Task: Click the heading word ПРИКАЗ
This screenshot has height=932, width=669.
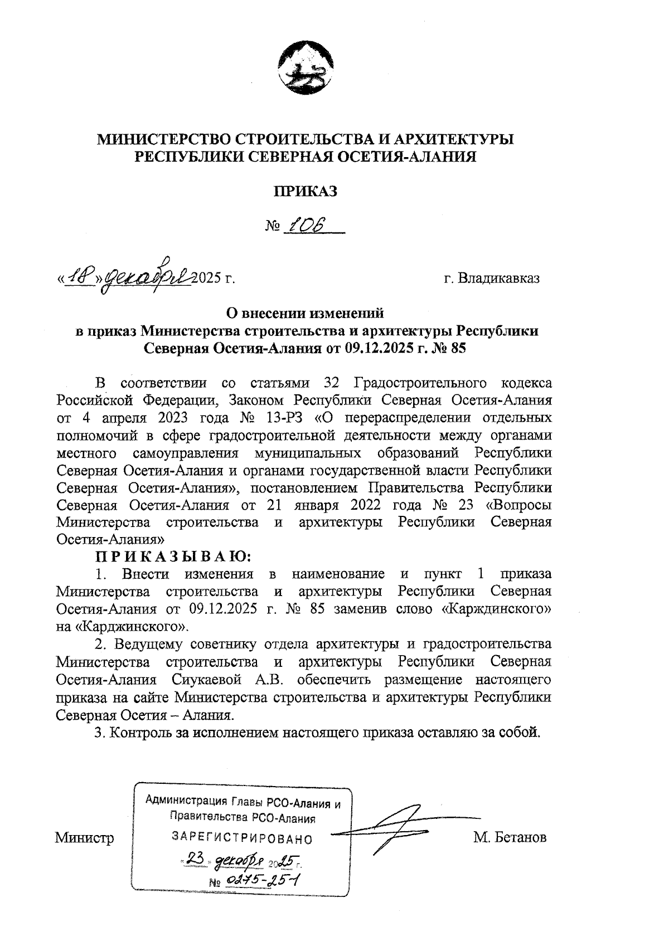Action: tap(305, 191)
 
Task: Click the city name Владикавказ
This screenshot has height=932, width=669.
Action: tap(498, 278)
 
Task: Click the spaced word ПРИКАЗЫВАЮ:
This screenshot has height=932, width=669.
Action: tap(173, 556)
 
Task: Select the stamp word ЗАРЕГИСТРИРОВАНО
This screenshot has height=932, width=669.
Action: tap(242, 838)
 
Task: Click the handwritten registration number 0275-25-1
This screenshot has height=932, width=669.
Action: tap(262, 880)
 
